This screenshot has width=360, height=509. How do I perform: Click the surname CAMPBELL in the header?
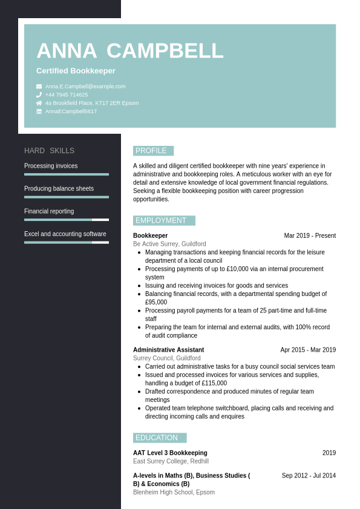[x=165, y=51]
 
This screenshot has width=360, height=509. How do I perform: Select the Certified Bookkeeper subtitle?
[x=76, y=71]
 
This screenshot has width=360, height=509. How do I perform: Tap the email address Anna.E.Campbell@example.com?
[x=85, y=87]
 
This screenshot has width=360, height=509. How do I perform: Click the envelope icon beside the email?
[x=39, y=87]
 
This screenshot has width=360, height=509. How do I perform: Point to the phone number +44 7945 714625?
[x=67, y=95]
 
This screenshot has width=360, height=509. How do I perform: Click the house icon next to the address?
[x=39, y=103]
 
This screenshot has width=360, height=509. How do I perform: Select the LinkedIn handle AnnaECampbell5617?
[x=71, y=111]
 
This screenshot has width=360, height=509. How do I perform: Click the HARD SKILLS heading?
[x=49, y=151]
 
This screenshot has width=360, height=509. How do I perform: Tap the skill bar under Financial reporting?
[x=67, y=220]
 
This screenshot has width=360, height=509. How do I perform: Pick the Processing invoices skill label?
[x=51, y=166]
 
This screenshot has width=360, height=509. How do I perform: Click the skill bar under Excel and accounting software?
[x=67, y=242]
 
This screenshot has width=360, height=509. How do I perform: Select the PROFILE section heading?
[x=151, y=151]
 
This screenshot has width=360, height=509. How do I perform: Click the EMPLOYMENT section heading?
[x=161, y=220]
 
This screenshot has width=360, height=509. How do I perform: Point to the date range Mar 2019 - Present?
[x=310, y=236]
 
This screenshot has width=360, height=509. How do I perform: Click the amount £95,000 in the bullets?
[x=156, y=302]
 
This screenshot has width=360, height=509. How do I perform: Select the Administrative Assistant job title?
[x=168, y=350]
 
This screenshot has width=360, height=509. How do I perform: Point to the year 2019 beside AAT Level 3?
[x=329, y=453]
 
